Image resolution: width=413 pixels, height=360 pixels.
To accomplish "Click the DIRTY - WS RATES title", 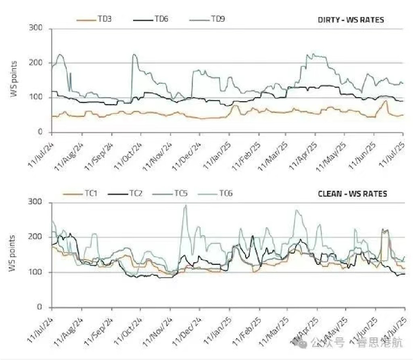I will [350, 20].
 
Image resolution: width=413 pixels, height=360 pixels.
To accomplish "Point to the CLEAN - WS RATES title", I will [352, 194].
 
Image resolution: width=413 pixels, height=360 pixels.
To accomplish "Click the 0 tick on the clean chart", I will [39, 307].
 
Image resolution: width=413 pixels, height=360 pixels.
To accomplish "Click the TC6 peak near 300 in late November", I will [186, 205].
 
